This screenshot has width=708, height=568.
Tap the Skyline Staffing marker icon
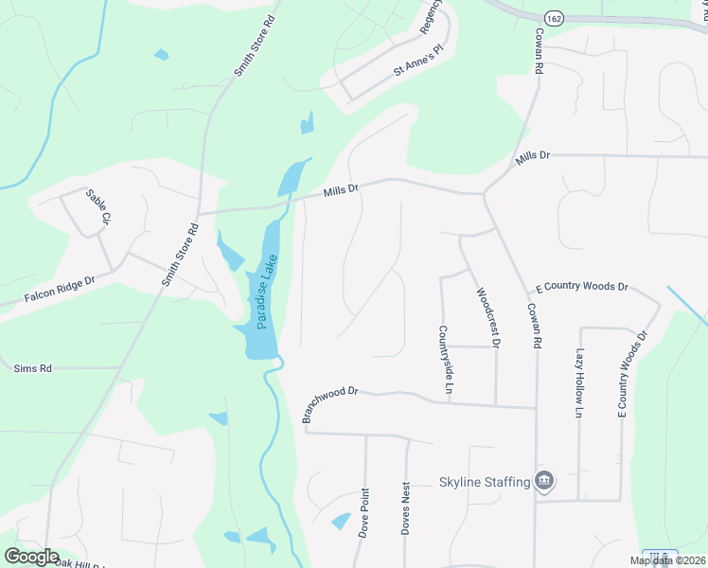[544, 481]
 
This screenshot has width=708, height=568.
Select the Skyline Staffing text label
[484, 482]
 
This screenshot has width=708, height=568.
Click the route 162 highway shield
[554, 18]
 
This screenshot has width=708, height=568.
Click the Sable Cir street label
[98, 206]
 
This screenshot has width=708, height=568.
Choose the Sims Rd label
[32, 367]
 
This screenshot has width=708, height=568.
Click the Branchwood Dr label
[330, 402]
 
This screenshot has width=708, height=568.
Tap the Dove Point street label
[363, 513]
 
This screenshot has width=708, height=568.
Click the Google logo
[31, 557]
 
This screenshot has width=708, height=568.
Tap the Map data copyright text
[666, 560]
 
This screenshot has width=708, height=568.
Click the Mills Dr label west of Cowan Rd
[341, 190]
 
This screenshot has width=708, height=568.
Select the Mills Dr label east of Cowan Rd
[532, 158]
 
